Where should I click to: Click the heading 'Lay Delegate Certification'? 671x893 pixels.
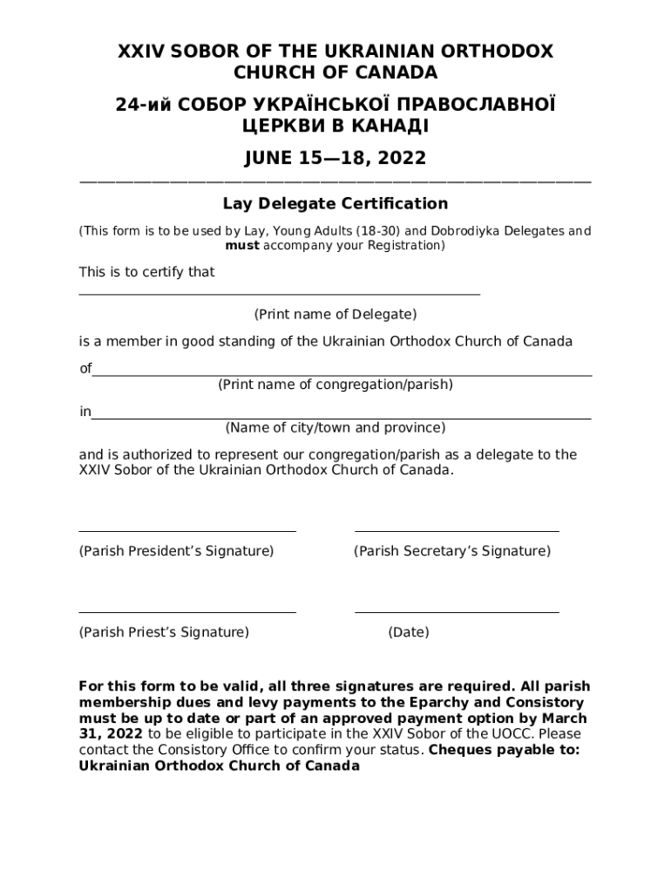coord(335,204)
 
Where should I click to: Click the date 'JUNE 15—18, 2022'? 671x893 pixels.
coord(335,158)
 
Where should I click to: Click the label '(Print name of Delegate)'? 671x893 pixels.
coord(335,314)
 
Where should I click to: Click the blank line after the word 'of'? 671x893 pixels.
coord(342,374)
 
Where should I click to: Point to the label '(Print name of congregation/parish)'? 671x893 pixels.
coord(335,385)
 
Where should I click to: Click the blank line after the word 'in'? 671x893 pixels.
coord(342,418)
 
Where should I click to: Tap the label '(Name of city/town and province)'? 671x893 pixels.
coord(335,428)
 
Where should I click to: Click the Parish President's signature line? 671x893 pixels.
coord(187,529)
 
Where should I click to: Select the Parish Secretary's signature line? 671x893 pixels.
coord(457,529)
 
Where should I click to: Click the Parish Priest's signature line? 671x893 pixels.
coord(187,611)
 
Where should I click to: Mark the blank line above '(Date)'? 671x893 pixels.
coord(457,611)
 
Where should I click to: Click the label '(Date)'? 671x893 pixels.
coord(409,633)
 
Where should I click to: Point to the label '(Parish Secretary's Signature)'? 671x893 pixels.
coord(451,551)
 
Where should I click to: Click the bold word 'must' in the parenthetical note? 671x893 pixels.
coord(242,246)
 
